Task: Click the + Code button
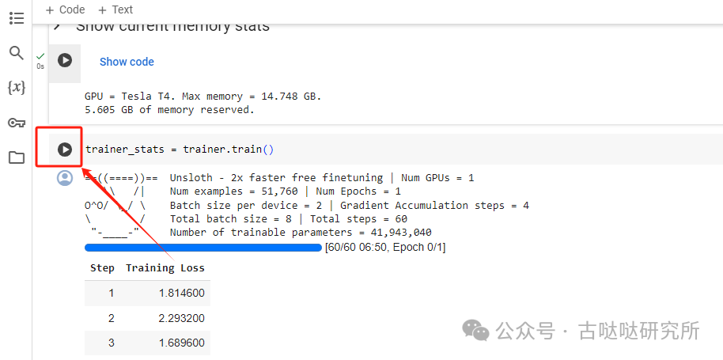65,9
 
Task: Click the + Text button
115,9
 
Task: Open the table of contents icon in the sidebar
16,18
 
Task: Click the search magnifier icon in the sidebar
16,53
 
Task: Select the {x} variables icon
16,87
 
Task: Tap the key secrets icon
16,123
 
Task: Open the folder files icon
16,157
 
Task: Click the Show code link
127,62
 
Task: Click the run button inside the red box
65,149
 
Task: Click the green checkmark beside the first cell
40,55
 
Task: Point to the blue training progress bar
203,248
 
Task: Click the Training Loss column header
165,268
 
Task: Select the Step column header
102,268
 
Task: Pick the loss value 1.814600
181,293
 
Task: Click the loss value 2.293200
181,318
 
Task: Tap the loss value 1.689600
181,343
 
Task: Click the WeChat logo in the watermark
475,329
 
